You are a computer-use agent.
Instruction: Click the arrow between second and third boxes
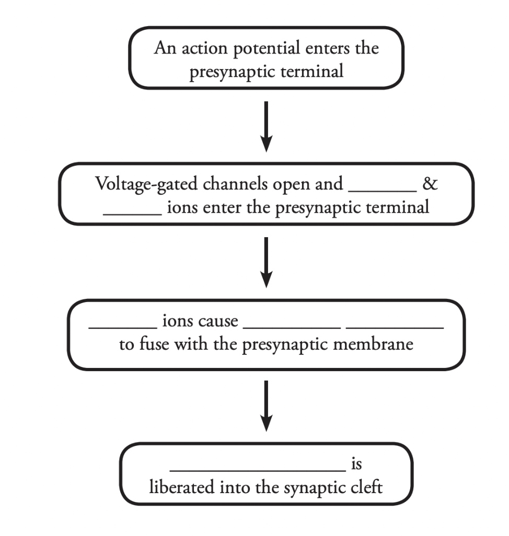[x=267, y=262]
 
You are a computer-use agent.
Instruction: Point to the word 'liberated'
[x=180, y=488]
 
